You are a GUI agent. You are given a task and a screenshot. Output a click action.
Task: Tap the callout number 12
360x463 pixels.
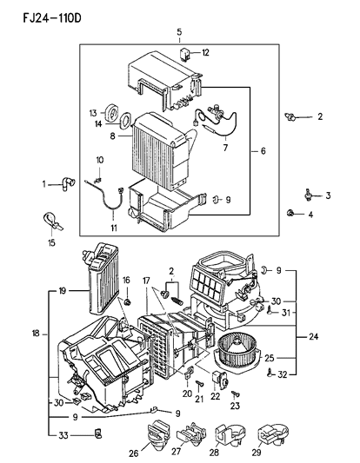tap(205, 53)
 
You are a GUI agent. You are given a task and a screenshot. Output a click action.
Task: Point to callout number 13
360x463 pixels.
tap(93, 112)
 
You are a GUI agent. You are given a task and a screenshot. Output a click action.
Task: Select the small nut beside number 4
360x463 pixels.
tap(289, 214)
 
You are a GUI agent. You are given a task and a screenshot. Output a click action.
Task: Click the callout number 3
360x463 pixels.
tap(328, 197)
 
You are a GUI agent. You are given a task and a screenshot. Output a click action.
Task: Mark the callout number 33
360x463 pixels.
tap(62, 434)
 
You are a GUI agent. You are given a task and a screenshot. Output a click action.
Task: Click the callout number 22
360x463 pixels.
tap(216, 398)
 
